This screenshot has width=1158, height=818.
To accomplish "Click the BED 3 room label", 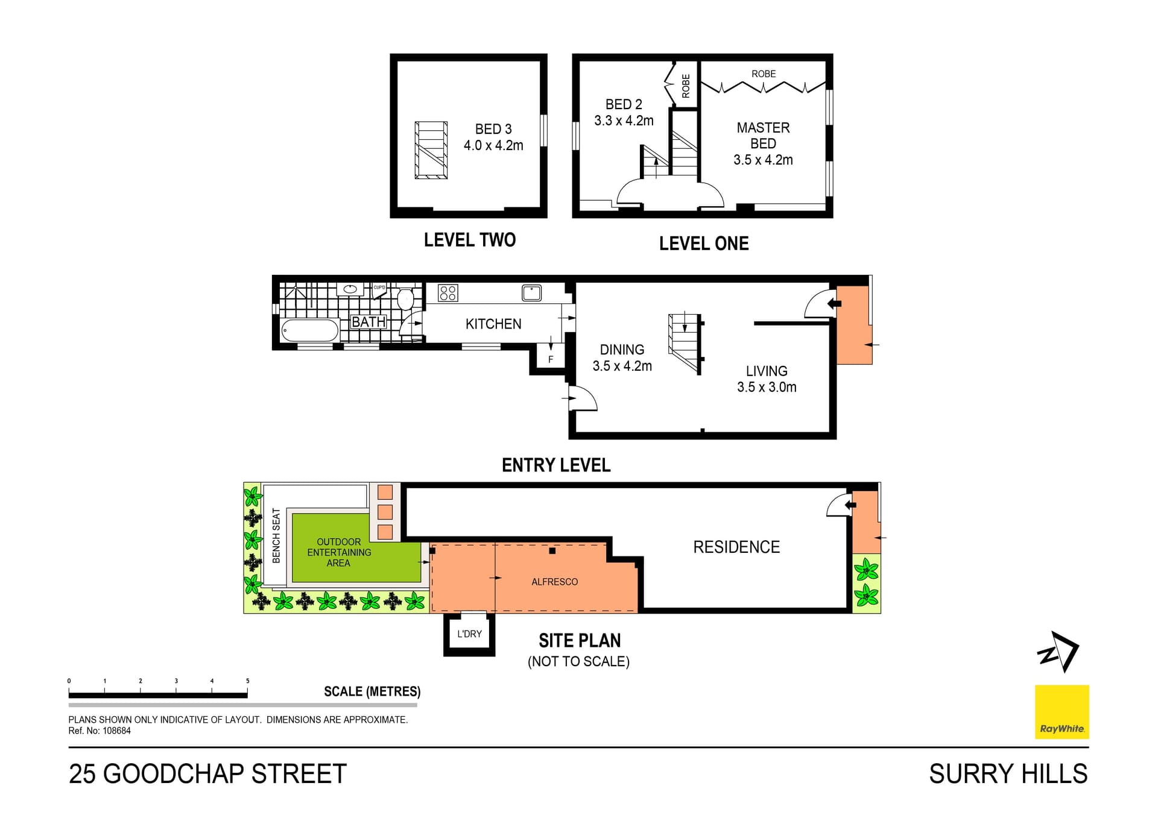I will coord(493,129).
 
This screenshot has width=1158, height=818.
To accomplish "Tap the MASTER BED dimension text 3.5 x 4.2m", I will coord(763,160).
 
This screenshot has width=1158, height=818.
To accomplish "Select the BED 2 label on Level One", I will coord(624,104).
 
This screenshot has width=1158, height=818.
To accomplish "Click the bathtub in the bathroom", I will coord(310,331).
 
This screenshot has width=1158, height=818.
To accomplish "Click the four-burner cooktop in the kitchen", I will coord(448,293).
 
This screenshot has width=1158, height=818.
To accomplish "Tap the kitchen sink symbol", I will coord(531,293).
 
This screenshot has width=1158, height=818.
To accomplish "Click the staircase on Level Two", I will coord(431,150).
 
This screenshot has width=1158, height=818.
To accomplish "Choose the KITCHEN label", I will coord(493,324).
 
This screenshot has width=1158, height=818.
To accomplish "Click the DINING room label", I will coord(622,350).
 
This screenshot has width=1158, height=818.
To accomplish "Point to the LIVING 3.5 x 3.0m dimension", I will coord(767,387).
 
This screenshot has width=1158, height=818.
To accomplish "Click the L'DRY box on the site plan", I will coord(469,634).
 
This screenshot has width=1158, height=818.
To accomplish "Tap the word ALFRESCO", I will coord(554,582).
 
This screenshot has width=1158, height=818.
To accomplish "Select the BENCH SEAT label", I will coord(276,535).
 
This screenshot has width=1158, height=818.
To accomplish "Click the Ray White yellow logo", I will coord(1061,712).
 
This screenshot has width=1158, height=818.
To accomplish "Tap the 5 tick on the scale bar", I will coord(247,681).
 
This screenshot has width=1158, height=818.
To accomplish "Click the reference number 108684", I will coord(116,731).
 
